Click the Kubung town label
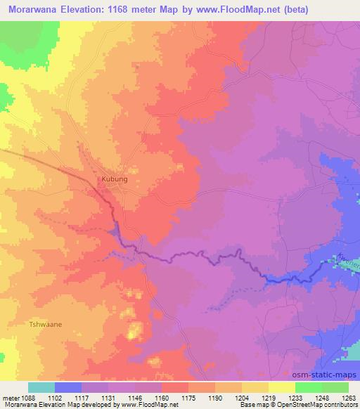pos(115,179)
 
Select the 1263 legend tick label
pos(347,397)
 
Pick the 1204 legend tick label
pos(241,397)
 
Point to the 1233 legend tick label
pos(295,397)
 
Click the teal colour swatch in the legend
pos(41,387)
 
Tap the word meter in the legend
pos(12,397)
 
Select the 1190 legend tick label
pos(215,397)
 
